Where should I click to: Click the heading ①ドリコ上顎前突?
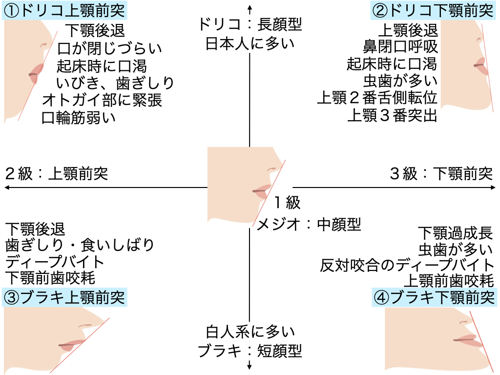click(x=64, y=10)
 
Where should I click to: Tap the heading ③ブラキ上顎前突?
click(x=64, y=296)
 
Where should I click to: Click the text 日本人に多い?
click(x=250, y=44)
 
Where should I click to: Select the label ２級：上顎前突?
click(x=56, y=174)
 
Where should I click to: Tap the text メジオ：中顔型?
click(x=309, y=224)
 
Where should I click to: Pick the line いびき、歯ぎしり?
click(x=115, y=83)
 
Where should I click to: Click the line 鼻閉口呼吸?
click(x=400, y=47)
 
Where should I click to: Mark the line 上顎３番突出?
click(x=393, y=116)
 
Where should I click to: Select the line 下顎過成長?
click(x=455, y=232)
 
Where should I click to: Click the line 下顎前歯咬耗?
click(x=50, y=278)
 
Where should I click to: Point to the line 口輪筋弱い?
click(x=79, y=118)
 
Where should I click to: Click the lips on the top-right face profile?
click(x=481, y=65)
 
